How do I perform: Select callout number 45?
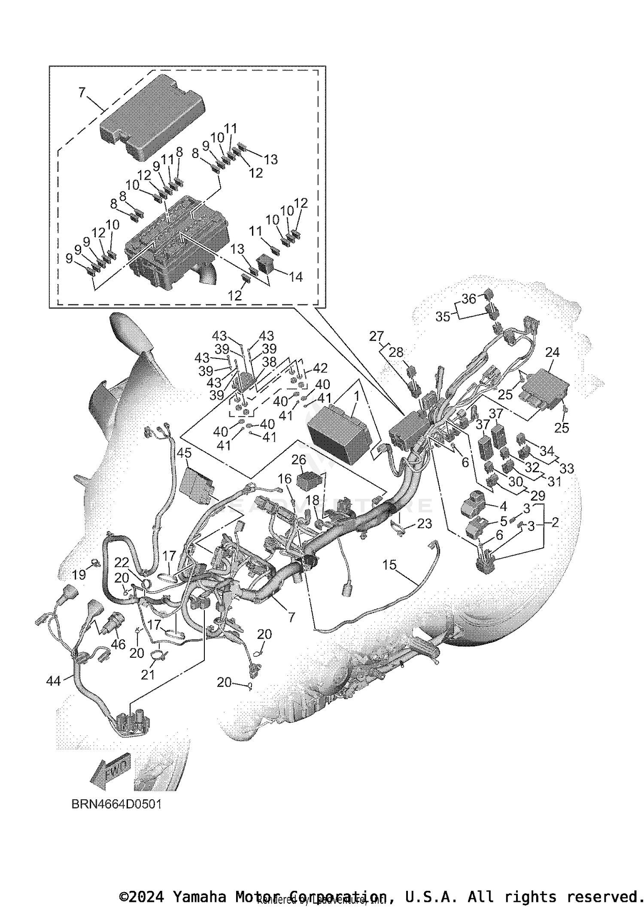point(184,453)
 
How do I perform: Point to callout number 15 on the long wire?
point(389,565)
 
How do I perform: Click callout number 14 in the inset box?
point(295,277)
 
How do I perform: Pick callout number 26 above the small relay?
point(299,460)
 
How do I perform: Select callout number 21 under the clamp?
point(148,674)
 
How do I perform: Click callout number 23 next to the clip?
point(424,524)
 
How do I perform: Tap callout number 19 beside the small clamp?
point(79,574)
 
